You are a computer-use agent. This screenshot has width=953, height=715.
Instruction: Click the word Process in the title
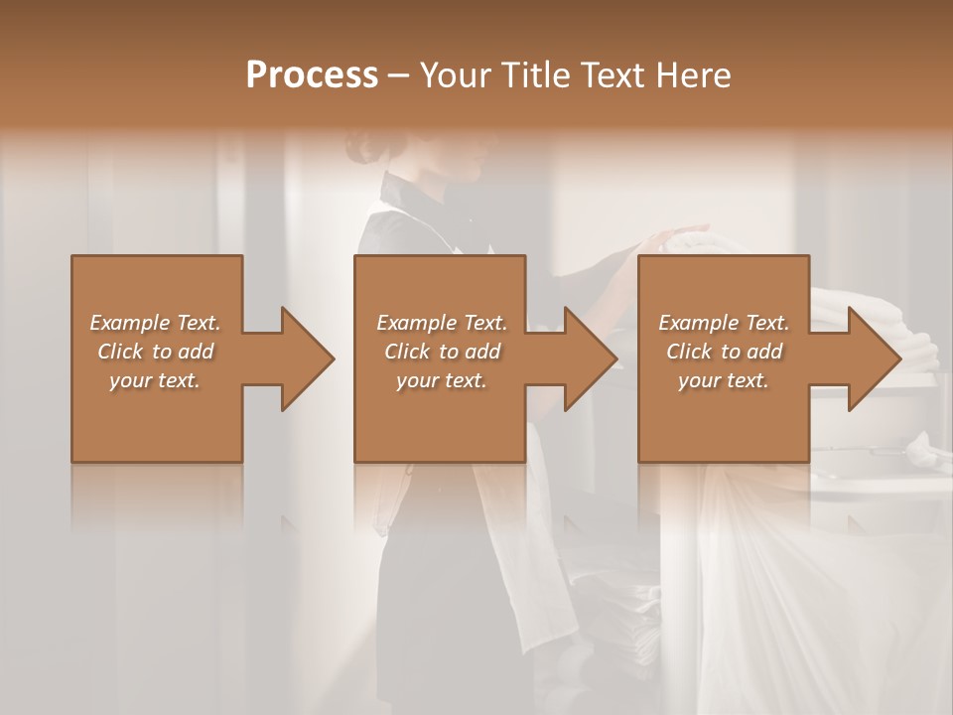(312, 75)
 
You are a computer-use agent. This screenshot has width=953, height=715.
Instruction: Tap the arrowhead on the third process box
(874, 358)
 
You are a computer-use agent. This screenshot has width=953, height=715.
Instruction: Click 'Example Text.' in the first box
(155, 323)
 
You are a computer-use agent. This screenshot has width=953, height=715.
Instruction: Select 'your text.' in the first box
(155, 380)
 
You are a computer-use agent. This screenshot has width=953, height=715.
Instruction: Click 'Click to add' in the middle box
(442, 352)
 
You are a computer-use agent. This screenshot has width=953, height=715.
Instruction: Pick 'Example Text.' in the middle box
(442, 323)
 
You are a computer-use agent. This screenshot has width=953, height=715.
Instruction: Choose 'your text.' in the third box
(724, 380)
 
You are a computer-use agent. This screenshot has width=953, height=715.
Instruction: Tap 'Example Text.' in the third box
(724, 323)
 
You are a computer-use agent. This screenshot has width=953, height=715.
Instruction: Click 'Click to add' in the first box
(155, 352)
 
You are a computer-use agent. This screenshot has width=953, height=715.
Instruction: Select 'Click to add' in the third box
(724, 352)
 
